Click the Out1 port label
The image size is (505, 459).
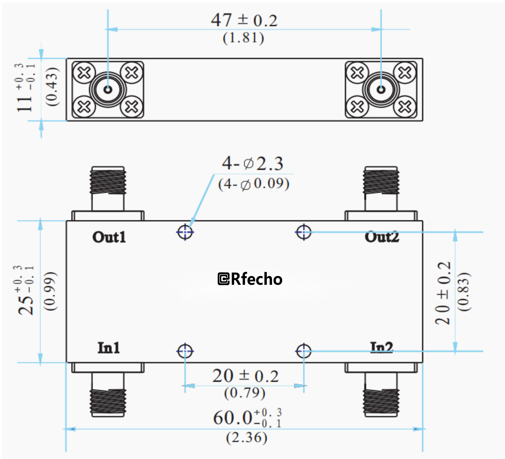[109, 237]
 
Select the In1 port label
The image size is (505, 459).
[109, 348]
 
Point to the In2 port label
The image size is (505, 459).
[381, 347]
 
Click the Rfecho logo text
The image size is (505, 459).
[250, 279]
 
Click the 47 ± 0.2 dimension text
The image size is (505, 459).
[244, 20]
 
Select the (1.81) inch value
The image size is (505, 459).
[243, 38]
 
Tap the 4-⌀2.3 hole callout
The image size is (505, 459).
[253, 163]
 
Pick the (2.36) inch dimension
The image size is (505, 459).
[246, 437]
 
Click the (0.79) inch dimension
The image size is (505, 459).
[245, 393]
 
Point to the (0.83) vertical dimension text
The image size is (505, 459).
[464, 291]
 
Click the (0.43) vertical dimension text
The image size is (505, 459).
[52, 87]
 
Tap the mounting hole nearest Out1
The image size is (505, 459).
[185, 232]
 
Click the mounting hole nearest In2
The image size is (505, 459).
[304, 351]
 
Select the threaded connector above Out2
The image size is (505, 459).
[381, 181]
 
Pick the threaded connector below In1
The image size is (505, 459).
[108, 401]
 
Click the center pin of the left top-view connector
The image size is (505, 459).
[108, 90]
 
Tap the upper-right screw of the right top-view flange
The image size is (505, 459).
[404, 73]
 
